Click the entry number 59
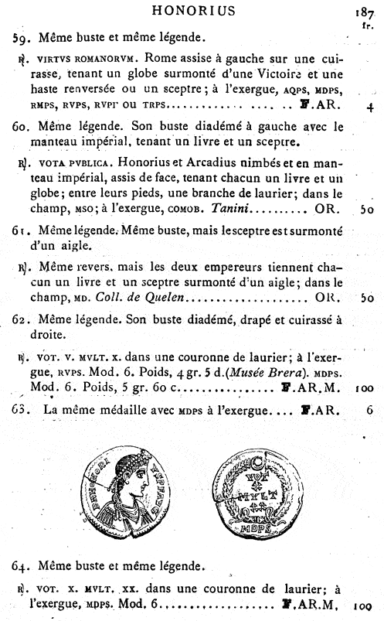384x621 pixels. pyautogui.click(x=21, y=36)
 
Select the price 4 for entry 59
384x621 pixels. pyautogui.click(x=370, y=106)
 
